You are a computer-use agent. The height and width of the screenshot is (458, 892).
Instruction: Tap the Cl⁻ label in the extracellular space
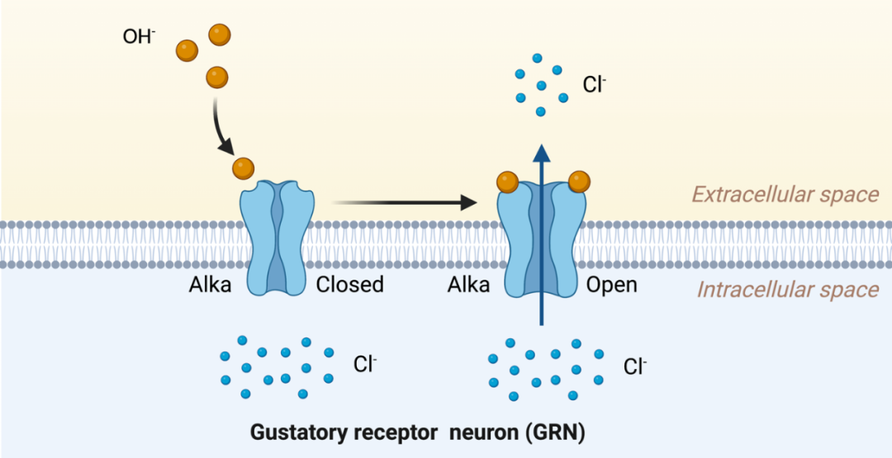(595, 84)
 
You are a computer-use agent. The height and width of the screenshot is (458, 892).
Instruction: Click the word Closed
(349, 286)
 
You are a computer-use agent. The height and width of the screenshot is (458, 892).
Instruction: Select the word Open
(611, 286)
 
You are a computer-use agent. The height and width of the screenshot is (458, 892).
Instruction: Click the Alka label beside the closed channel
(209, 286)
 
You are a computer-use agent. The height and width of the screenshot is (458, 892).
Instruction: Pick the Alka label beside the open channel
(468, 286)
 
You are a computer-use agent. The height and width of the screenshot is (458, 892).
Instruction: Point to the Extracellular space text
(785, 195)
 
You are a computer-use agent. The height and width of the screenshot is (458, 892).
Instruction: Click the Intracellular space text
(787, 290)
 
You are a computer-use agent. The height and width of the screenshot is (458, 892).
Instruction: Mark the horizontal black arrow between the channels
(405, 201)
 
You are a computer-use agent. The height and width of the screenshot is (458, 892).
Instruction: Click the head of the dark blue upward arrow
(542, 153)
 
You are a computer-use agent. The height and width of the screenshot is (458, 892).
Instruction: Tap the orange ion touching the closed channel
(244, 168)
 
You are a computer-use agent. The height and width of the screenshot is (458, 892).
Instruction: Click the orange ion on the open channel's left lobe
(507, 181)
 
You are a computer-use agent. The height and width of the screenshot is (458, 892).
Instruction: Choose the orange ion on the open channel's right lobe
(579, 181)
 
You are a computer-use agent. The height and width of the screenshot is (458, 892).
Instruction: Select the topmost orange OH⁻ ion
(220, 35)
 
